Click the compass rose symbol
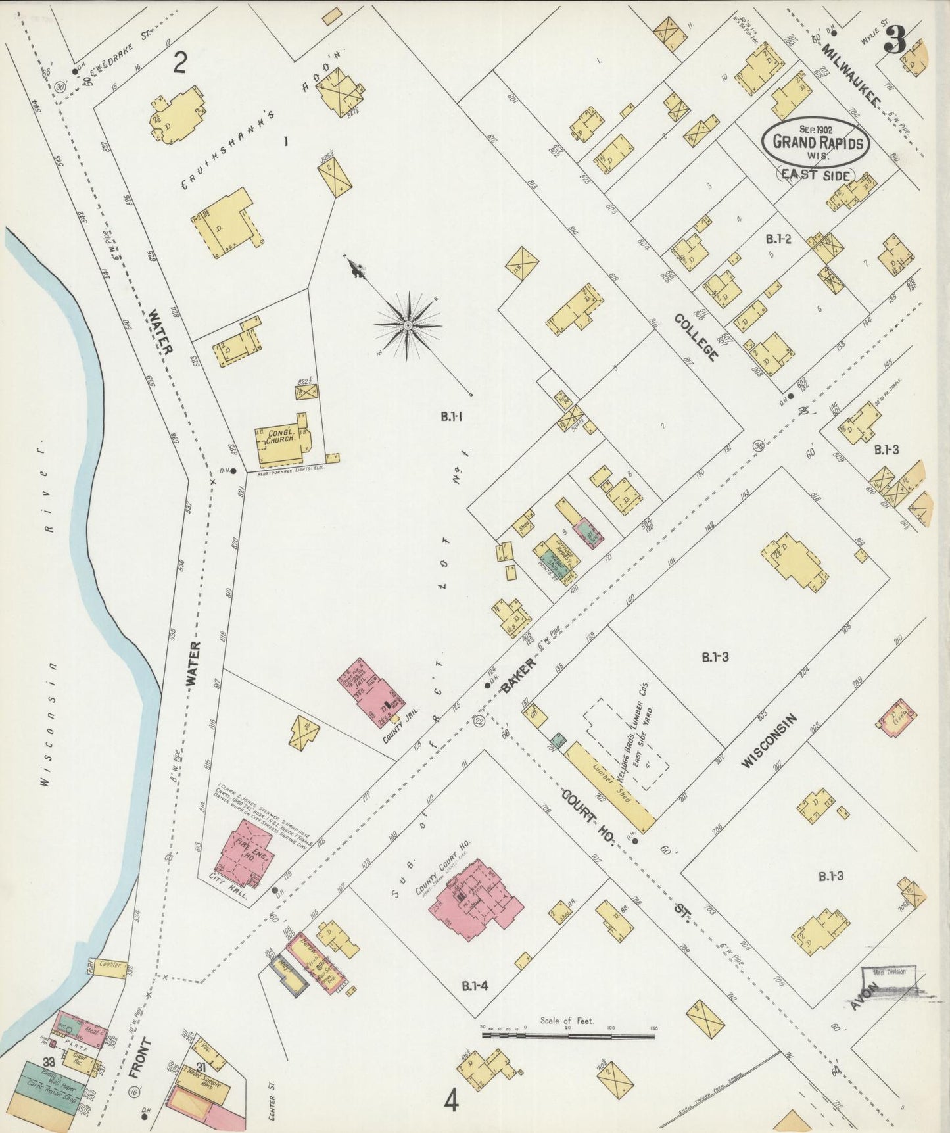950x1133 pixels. coord(408,325)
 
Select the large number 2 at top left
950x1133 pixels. coord(180,64)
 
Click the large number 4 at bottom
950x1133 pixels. coord(452,1100)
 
